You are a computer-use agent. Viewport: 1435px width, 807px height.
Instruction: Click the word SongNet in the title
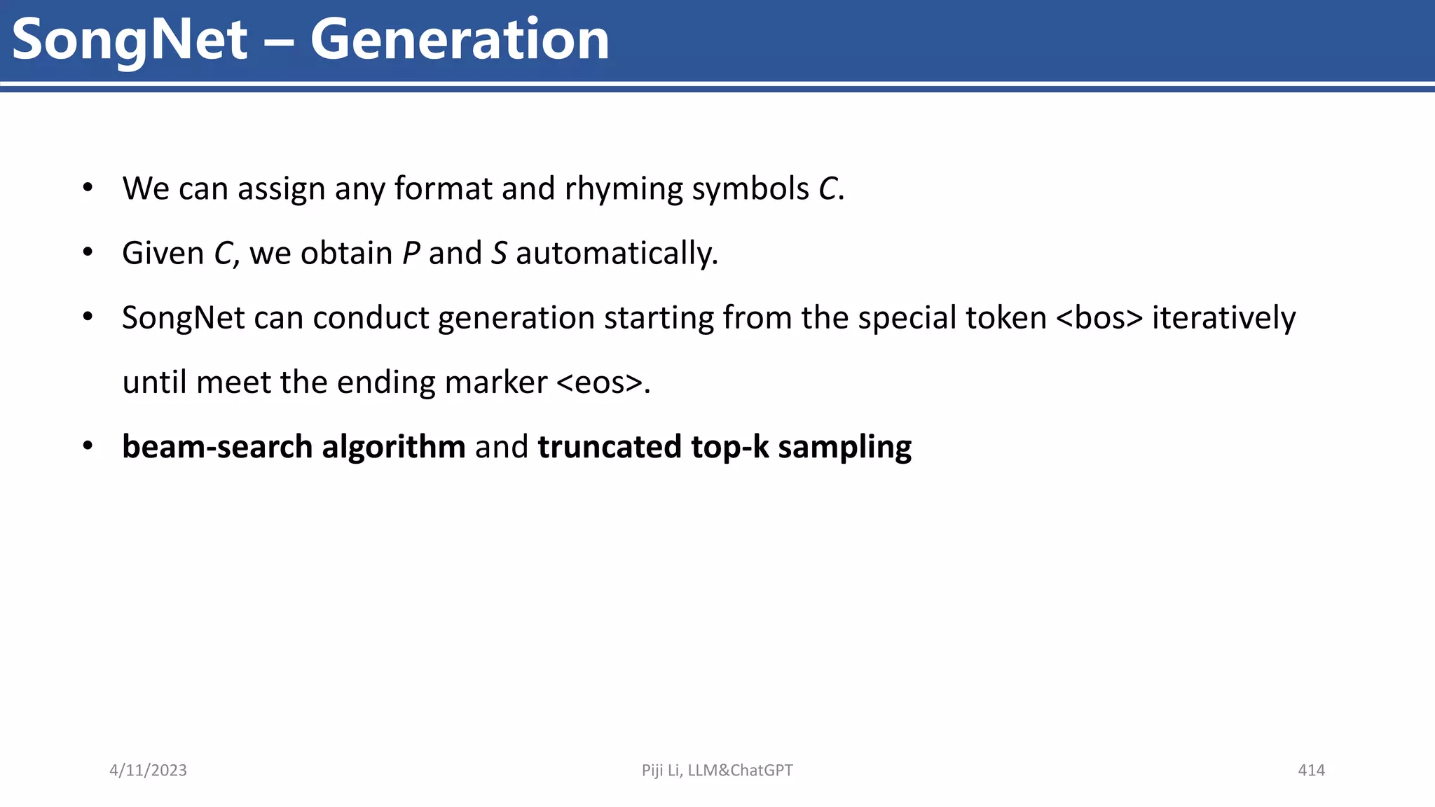[x=130, y=40]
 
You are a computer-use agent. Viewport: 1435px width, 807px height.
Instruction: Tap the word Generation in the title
[x=460, y=40]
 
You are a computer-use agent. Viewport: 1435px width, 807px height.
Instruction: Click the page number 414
[x=1311, y=771]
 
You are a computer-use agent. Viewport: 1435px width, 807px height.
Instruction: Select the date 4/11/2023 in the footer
[x=148, y=771]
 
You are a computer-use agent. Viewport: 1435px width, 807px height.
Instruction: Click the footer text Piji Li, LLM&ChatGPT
[x=717, y=771]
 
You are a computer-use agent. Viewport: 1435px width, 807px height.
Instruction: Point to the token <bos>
[x=1099, y=318]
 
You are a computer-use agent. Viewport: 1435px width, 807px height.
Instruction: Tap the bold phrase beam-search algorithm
[x=294, y=447]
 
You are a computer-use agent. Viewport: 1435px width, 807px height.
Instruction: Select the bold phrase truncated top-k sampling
[x=725, y=447]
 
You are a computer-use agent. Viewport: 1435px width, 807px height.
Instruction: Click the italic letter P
[x=411, y=254]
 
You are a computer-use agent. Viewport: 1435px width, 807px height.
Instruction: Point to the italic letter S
[x=499, y=254]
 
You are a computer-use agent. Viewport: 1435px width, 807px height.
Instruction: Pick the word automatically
[x=617, y=254]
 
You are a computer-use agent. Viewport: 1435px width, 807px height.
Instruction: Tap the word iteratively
[x=1223, y=318]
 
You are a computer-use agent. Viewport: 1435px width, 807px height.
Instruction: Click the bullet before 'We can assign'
[x=88, y=188]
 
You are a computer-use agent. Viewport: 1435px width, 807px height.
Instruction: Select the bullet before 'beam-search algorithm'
[x=88, y=446]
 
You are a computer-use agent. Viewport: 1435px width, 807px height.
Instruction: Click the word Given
[x=163, y=254]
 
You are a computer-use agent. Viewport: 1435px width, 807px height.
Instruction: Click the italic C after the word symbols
[x=828, y=189]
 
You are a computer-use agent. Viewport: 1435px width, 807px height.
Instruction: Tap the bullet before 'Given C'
[x=88, y=252]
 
